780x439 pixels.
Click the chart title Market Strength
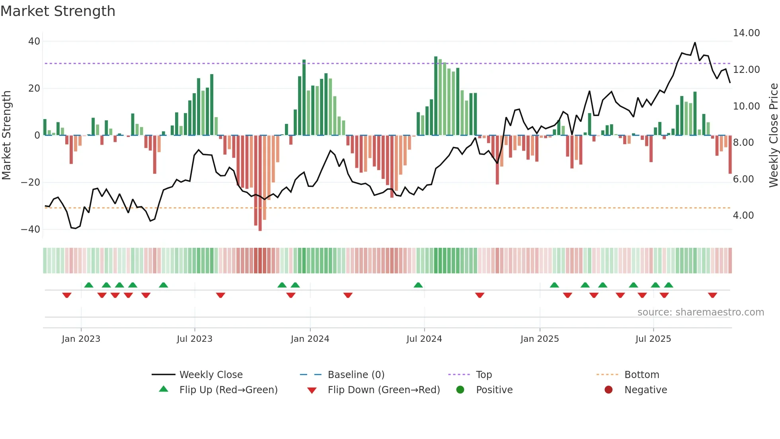point(58,11)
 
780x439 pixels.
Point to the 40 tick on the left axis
point(34,41)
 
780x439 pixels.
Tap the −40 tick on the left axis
point(31,229)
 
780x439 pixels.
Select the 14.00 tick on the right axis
point(746,33)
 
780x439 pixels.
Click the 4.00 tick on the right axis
point(743,216)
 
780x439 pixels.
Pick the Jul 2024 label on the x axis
point(424,339)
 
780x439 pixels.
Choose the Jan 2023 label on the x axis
point(81,339)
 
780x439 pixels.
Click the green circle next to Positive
point(460,390)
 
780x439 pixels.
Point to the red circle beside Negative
point(608,390)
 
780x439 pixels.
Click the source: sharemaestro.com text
point(700,312)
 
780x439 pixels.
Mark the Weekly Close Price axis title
point(773,135)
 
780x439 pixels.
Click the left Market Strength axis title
point(6,135)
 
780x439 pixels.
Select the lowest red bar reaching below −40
point(260,183)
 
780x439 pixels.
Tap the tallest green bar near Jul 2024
point(436,96)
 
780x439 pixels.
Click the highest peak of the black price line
point(695,43)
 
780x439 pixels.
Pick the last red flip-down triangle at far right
point(712,295)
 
